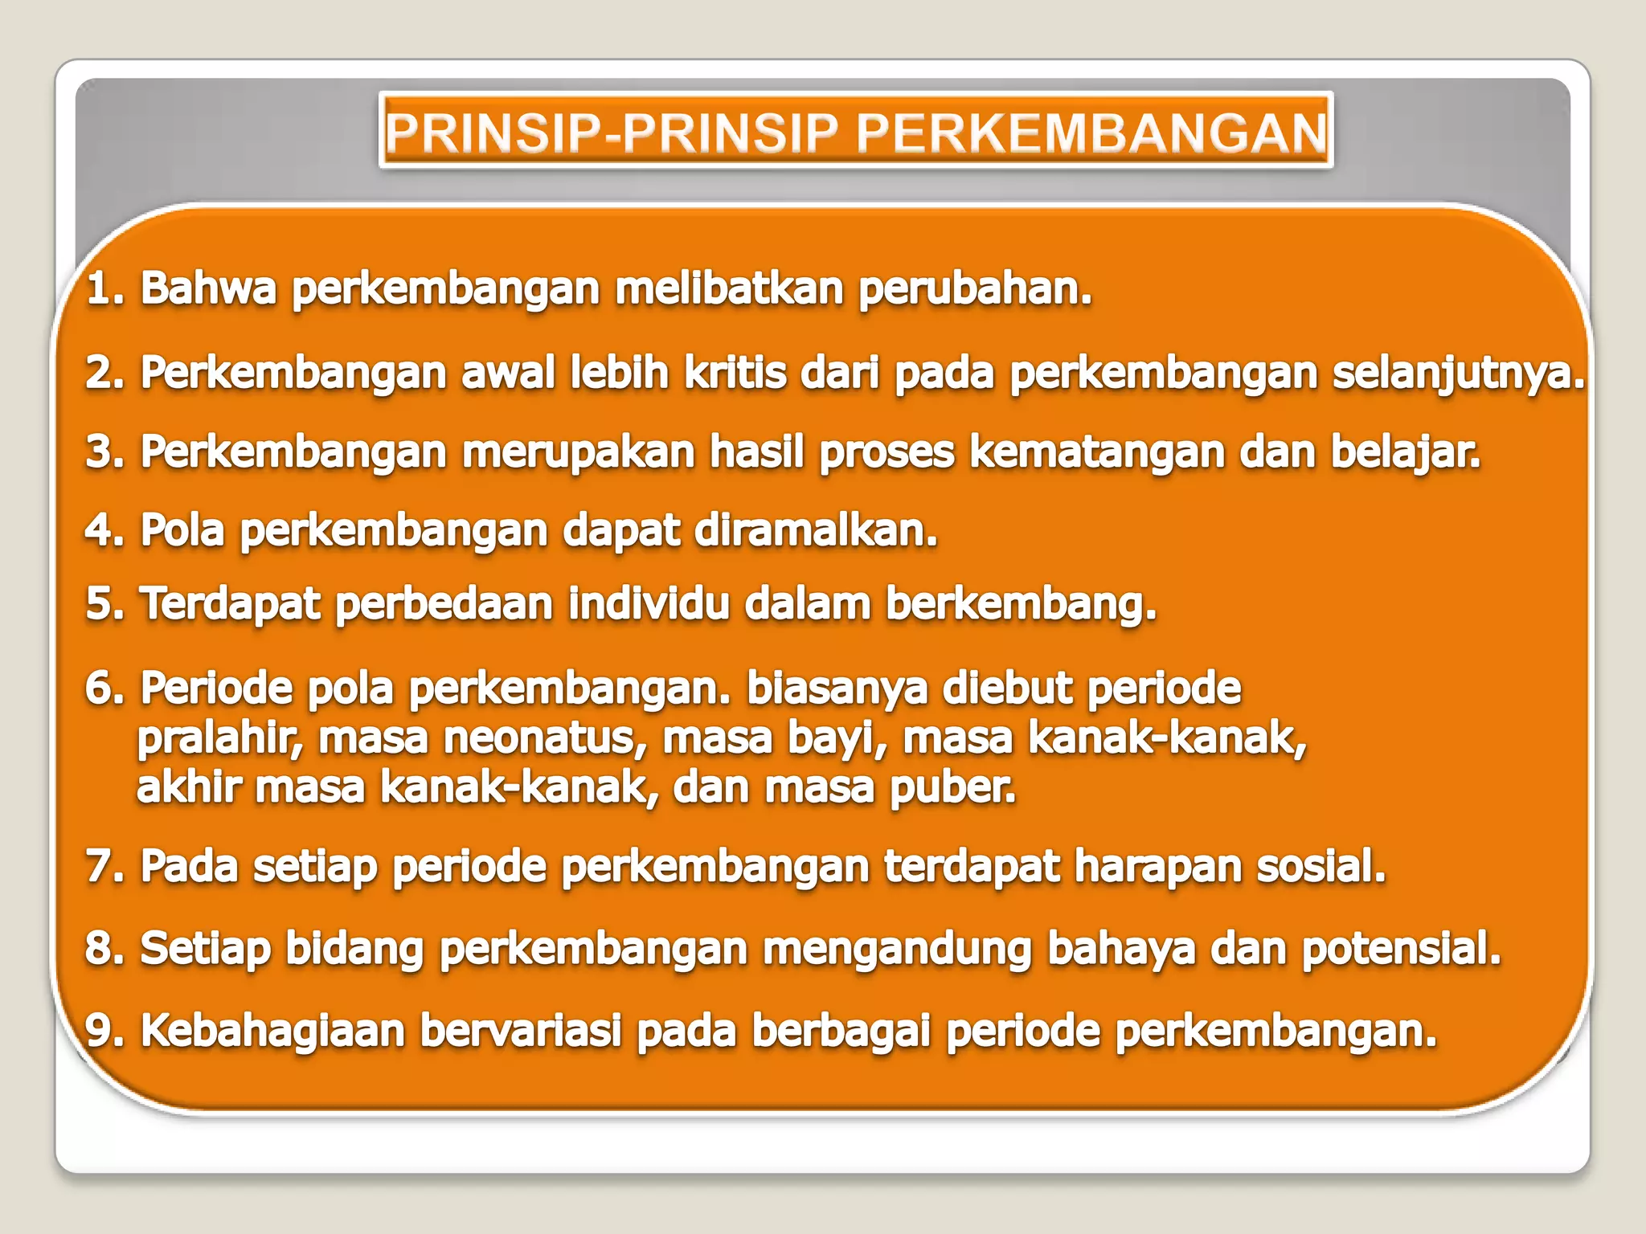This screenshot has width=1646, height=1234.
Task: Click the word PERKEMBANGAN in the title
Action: (1091, 133)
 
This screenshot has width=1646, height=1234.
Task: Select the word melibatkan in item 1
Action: (729, 288)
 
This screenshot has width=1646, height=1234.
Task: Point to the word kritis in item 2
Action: (735, 373)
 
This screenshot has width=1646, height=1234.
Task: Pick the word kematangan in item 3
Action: (1096, 453)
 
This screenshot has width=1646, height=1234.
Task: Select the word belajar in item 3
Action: (1403, 452)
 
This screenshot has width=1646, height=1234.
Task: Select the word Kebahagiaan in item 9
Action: (272, 1031)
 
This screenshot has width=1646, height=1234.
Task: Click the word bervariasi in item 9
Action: (521, 1031)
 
